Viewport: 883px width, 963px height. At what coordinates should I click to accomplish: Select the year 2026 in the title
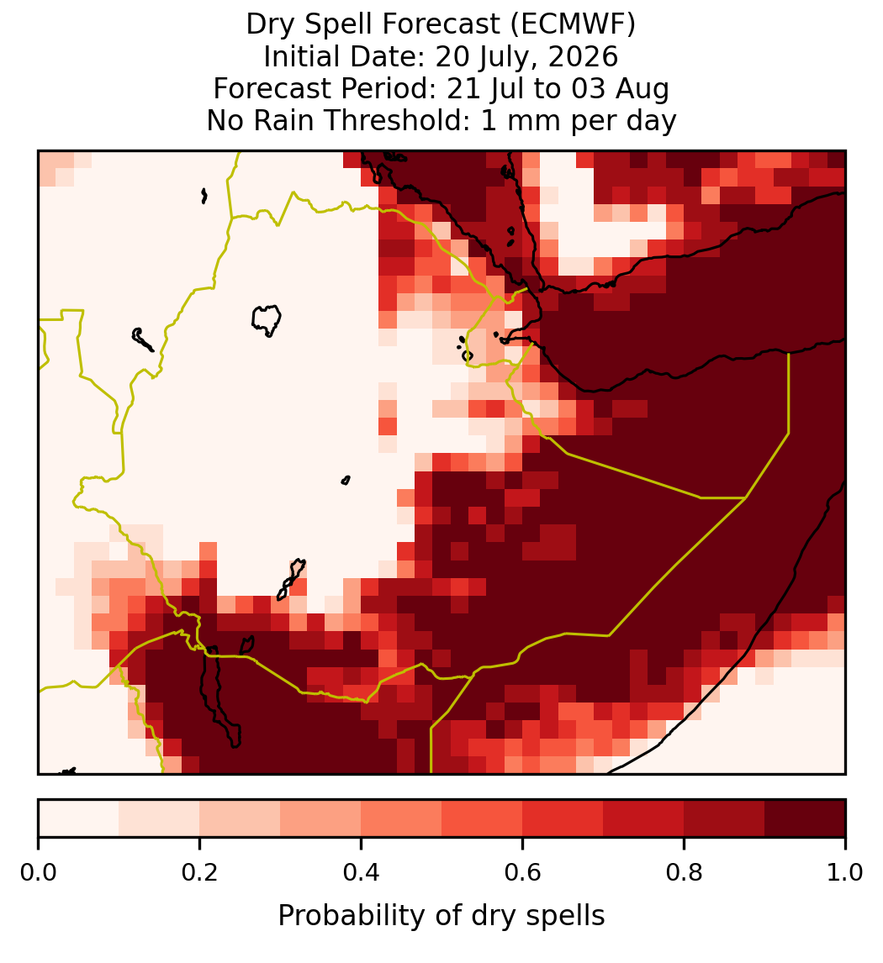click(x=583, y=57)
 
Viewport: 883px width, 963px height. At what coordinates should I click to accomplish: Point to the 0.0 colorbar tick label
click(x=38, y=872)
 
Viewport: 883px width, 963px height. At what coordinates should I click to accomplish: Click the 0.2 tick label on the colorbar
click(x=199, y=872)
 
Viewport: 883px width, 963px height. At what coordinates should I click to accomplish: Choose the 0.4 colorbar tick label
click(x=361, y=872)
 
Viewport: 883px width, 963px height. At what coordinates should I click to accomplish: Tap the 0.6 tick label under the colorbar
click(x=522, y=872)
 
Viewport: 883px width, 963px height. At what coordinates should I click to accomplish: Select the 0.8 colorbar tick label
click(x=684, y=872)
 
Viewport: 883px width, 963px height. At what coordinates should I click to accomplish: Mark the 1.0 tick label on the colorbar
click(x=845, y=872)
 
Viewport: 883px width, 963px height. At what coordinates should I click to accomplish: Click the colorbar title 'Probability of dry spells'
click(x=442, y=916)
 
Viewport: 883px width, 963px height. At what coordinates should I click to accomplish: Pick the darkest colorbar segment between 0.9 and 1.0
click(x=805, y=818)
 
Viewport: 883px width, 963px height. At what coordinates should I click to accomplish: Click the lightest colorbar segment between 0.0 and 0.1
click(x=79, y=818)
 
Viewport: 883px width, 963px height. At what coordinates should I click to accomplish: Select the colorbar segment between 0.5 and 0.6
click(x=482, y=818)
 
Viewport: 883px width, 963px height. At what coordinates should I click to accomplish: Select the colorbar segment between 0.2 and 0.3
click(x=240, y=818)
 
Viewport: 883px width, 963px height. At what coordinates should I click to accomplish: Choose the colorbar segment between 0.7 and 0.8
click(x=643, y=818)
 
